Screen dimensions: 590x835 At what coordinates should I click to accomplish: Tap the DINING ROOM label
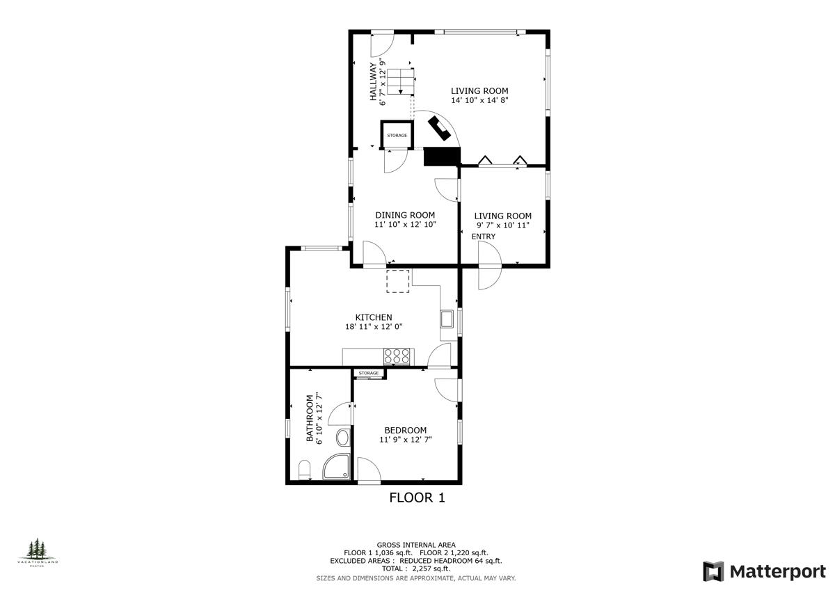[x=405, y=215]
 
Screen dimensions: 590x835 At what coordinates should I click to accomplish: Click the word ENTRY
[x=484, y=237]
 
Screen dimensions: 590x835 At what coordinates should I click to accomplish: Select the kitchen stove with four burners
[x=397, y=356]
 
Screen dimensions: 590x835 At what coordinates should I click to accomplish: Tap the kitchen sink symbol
[x=447, y=319]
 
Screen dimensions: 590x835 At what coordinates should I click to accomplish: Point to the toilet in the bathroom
[x=304, y=470]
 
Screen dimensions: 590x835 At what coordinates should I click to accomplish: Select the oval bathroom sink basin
[x=343, y=438]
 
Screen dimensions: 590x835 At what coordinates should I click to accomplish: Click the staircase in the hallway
[x=400, y=81]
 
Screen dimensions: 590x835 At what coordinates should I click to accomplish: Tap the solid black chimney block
[x=441, y=157]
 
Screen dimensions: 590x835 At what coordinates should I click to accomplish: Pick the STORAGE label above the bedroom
[x=369, y=374]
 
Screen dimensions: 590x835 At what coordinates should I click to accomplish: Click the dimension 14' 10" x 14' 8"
[x=479, y=100]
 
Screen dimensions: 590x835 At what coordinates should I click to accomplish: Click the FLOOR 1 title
[x=416, y=497]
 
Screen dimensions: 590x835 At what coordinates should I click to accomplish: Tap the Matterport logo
[x=763, y=571]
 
